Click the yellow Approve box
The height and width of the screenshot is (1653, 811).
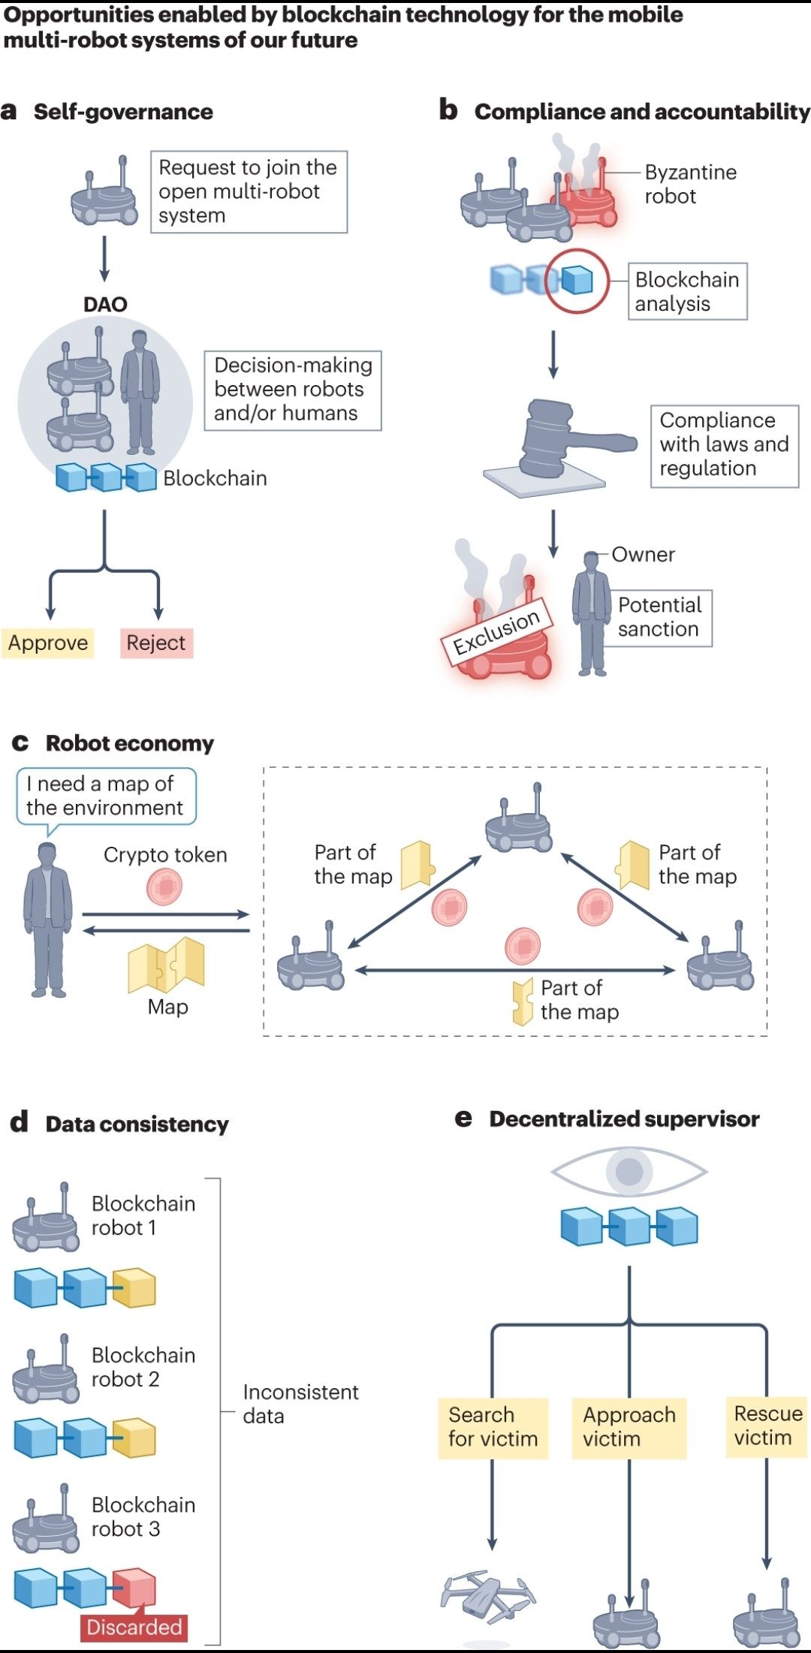[48, 643]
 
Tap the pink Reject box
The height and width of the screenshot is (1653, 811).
[156, 643]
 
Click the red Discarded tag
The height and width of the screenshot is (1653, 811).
[134, 1627]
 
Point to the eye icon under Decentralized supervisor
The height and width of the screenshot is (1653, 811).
[629, 1171]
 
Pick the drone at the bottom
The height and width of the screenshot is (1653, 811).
[489, 1594]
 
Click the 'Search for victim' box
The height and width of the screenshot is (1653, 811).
[493, 1427]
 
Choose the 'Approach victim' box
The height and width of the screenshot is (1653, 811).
[629, 1427]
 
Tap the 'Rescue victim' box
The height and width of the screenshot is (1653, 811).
[768, 1426]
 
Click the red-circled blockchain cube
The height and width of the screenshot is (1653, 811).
[577, 281]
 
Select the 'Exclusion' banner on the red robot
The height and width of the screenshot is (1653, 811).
[496, 632]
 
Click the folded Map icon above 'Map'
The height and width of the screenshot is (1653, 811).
[166, 965]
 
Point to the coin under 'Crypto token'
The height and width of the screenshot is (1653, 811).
[164, 887]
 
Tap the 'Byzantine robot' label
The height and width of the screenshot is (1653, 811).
[691, 184]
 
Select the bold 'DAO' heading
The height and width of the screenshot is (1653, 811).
[105, 304]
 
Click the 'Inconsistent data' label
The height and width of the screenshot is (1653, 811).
[300, 1404]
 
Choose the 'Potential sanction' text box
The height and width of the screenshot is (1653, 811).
[661, 618]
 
